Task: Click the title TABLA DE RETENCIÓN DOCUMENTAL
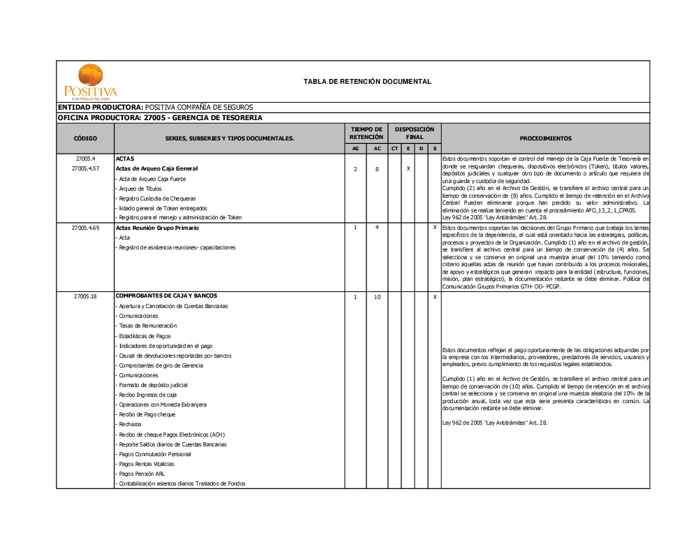(367, 82)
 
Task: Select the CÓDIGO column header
(85, 138)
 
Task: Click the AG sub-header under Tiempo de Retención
(355, 149)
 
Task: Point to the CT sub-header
(394, 149)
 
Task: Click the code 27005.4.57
(85, 168)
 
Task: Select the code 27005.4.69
(85, 228)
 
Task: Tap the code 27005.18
(85, 296)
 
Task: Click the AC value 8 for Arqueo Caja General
(377, 169)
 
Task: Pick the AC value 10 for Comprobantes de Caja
(377, 297)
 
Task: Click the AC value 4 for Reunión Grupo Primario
(377, 228)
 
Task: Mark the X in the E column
(408, 169)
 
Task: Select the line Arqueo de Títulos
(140, 189)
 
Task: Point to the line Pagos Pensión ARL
(142, 474)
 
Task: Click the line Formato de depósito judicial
(153, 385)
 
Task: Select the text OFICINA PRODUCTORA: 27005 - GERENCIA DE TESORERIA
(160, 118)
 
